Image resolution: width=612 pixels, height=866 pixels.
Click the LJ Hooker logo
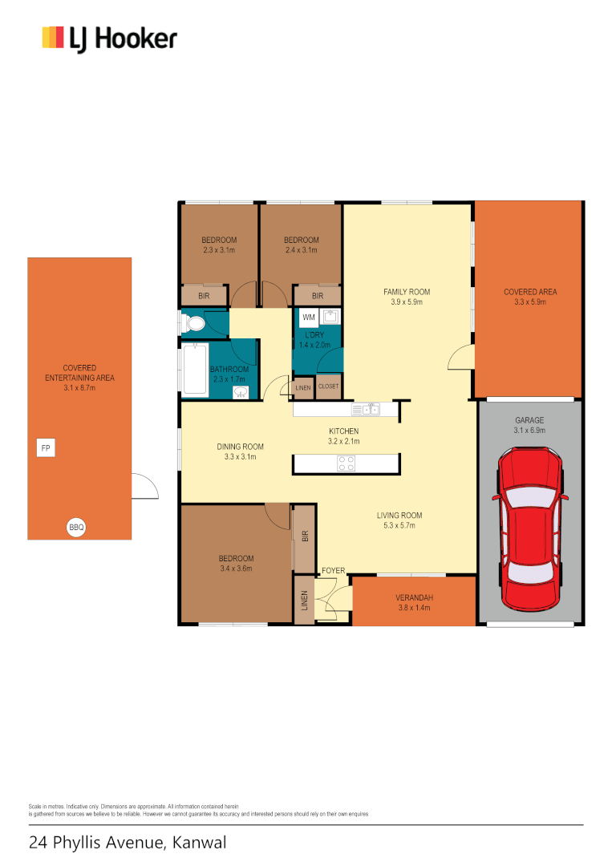(x=109, y=38)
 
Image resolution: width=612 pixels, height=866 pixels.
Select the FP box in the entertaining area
(x=47, y=448)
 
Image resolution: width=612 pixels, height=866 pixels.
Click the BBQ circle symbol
(x=76, y=528)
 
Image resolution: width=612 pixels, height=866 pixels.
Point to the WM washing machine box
(x=309, y=318)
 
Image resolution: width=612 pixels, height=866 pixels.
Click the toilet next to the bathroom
(x=193, y=323)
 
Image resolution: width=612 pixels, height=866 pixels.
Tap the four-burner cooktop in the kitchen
(x=346, y=463)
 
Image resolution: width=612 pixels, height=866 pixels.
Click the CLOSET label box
(x=328, y=386)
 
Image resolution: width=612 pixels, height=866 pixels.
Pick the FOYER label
(x=333, y=571)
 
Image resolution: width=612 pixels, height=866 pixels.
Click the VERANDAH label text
(x=413, y=597)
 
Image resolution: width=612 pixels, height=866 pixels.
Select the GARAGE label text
(x=529, y=420)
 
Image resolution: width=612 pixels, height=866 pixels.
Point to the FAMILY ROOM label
(x=407, y=292)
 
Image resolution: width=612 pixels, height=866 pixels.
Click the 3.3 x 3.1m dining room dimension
(x=240, y=457)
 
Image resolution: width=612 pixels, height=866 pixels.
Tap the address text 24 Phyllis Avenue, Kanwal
(x=128, y=843)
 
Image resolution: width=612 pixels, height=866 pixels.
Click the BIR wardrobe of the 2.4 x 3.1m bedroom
(x=318, y=296)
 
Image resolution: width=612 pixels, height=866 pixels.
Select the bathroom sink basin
(x=240, y=392)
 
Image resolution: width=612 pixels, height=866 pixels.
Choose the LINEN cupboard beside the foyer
(x=304, y=600)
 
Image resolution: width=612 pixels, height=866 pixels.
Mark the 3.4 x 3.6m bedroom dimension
(x=236, y=569)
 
